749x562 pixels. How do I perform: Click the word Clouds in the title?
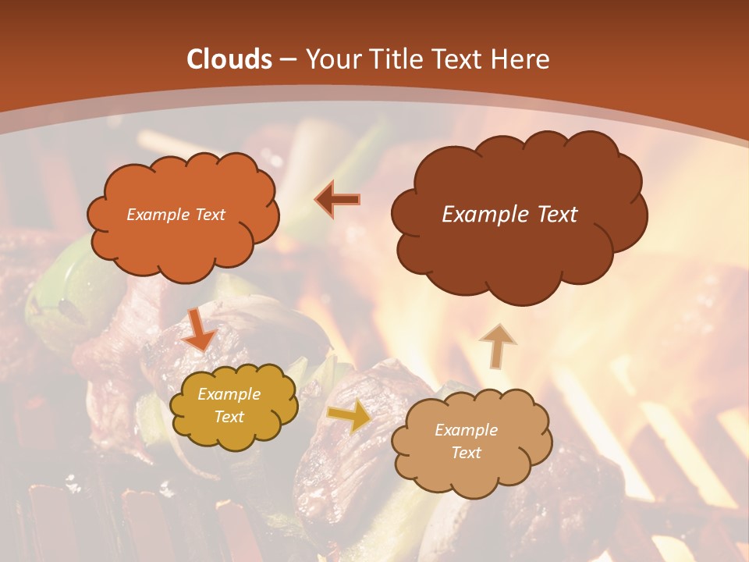(229, 59)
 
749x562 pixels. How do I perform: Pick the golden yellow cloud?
(233, 433)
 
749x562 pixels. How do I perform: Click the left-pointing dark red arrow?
(338, 200)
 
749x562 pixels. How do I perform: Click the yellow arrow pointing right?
(350, 416)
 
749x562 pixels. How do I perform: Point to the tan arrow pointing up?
(497, 344)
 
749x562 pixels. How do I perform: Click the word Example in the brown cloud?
(479, 215)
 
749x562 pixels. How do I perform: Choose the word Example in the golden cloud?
(229, 395)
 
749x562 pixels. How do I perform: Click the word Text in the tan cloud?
(466, 453)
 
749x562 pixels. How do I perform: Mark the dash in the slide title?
(286, 59)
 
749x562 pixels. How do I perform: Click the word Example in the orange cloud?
(156, 215)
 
